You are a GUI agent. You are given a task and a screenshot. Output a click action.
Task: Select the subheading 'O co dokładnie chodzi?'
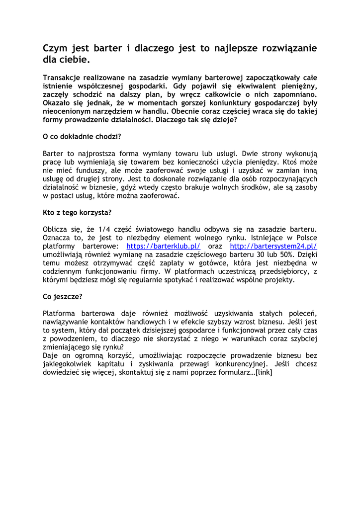(82, 136)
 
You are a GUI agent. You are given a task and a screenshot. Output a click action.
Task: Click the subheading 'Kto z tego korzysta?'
(77, 212)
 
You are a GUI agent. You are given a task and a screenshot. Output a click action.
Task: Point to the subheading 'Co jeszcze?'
(63, 297)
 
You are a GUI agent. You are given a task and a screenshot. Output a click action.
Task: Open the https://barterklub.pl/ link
(164, 246)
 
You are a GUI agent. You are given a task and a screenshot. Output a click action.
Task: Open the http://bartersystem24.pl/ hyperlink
(273, 246)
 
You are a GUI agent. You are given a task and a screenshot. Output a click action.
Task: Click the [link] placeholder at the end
(264, 373)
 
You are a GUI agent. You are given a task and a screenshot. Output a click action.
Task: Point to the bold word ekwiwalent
(245, 86)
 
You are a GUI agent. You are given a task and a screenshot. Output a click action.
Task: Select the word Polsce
(305, 238)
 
